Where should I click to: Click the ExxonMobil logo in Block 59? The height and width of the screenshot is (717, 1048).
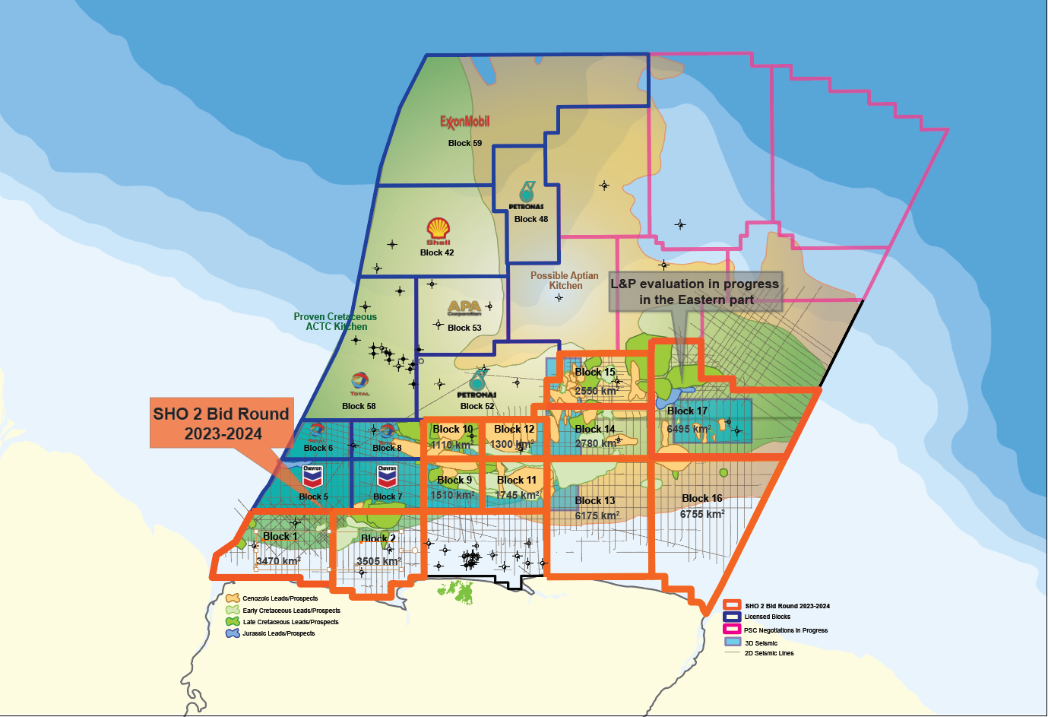(x=464, y=122)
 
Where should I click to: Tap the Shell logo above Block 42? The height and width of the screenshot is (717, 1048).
(x=438, y=230)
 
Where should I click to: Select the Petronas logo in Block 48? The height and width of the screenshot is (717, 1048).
(x=526, y=194)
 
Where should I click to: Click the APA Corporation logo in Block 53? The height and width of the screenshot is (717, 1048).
(x=464, y=308)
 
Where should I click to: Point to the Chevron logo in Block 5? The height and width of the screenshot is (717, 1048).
(x=312, y=477)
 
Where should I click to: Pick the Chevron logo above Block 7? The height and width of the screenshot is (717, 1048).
(x=387, y=477)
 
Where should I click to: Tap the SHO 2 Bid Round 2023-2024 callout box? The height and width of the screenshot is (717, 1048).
(x=221, y=424)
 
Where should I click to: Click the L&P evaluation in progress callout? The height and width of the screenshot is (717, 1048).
(x=695, y=291)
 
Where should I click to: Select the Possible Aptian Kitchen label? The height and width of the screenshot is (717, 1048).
(x=564, y=281)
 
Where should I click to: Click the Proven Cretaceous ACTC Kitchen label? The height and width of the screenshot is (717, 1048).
(x=335, y=322)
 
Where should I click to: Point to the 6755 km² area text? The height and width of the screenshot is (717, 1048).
(x=702, y=514)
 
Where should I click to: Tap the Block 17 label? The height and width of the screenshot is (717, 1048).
(x=687, y=411)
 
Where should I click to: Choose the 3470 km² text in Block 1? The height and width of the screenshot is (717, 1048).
(x=278, y=561)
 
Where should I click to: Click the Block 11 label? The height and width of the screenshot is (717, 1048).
(x=517, y=480)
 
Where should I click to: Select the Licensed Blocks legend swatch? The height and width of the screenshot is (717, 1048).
(x=732, y=617)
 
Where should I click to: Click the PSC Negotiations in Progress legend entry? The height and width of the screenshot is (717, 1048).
(x=785, y=630)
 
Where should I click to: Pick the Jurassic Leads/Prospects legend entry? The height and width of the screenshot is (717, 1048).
(x=278, y=633)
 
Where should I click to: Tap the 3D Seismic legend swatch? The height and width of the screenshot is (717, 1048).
(x=732, y=642)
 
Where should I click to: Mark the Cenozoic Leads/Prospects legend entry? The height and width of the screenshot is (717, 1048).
(x=280, y=598)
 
